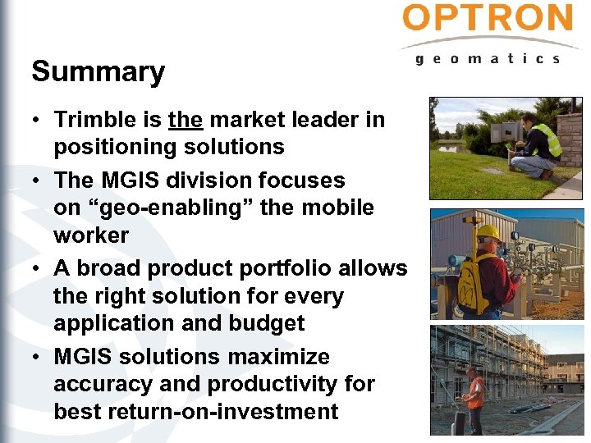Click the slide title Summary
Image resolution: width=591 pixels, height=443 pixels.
pos(98,72)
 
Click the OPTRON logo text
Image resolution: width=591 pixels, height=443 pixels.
pos(488,18)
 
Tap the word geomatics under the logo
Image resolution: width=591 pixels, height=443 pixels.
pos(488,58)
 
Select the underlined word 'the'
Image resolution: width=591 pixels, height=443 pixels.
pos(185,120)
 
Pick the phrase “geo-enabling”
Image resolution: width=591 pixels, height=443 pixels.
pos(168,208)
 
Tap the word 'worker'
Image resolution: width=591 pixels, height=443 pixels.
pos(91,235)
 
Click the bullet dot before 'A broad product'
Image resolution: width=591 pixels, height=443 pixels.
pos(38,269)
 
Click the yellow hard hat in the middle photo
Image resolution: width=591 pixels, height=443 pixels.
pos(488,231)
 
